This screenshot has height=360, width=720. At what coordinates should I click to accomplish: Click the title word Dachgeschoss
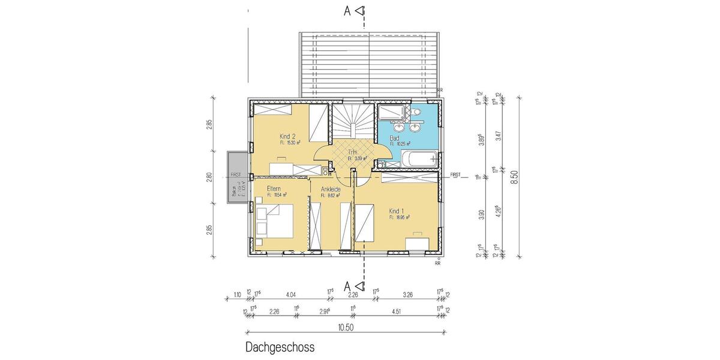point(280,347)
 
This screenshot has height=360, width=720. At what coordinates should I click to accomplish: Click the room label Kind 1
point(397,211)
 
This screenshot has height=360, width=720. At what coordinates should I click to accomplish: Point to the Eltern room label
point(275,188)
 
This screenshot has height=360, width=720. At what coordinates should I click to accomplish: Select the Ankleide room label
point(331,189)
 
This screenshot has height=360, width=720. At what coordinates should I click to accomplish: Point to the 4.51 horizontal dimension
point(397,311)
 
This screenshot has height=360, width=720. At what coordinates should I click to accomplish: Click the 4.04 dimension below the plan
point(292,295)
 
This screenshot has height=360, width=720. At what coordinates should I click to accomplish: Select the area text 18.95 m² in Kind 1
point(399,218)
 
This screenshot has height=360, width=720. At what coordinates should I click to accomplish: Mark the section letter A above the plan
point(347,10)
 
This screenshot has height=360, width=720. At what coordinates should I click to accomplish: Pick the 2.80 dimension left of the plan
point(209,176)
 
